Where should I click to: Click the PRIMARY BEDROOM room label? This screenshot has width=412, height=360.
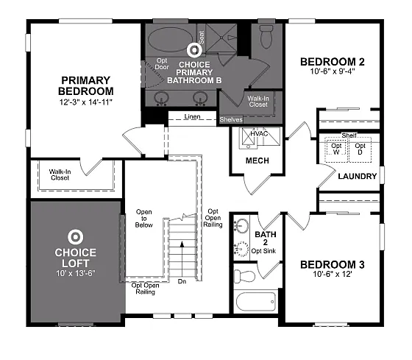[x=85, y=85]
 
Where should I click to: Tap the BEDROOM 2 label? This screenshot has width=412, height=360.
[x=333, y=62]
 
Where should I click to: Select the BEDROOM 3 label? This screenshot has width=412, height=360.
[x=333, y=264]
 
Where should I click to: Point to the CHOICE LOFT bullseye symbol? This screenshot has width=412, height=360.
[x=74, y=237]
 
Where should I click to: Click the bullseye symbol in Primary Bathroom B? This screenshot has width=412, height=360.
[x=195, y=50]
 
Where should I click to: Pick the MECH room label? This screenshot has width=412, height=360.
[x=257, y=160]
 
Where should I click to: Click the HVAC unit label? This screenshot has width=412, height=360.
[x=260, y=134]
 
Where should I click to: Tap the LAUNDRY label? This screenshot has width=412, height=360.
[x=357, y=177]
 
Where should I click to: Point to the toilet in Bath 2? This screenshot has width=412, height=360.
[x=244, y=275]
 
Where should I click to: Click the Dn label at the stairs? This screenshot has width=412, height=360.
[x=182, y=280]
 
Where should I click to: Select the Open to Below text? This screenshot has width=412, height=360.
[x=144, y=219]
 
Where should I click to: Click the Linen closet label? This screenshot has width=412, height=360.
[x=193, y=117]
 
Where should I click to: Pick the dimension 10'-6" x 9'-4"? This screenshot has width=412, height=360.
[x=333, y=72]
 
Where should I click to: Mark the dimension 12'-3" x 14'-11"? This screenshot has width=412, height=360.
[x=85, y=102]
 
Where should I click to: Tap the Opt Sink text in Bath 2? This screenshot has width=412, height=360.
[x=263, y=251]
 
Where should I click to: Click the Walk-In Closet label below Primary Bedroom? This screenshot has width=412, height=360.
[x=60, y=174]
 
